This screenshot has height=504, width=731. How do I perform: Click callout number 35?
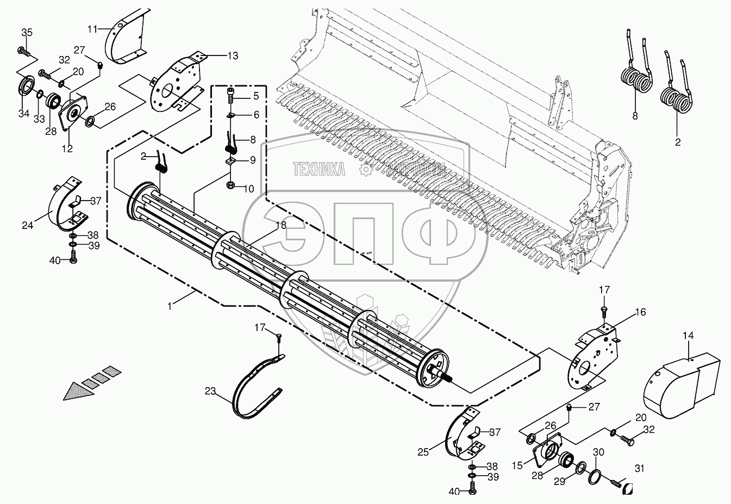tap(27, 32)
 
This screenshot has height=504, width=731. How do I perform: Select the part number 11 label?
tap(93, 28)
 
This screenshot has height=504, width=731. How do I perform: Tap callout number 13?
tap(233, 55)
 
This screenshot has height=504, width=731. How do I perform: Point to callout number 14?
tap(688, 337)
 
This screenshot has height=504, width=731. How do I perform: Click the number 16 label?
tap(640, 312)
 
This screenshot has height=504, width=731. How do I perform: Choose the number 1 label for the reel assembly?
tap(170, 307)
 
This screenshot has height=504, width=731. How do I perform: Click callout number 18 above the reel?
tap(280, 225)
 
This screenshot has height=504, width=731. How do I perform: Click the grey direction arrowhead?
tap(76, 390)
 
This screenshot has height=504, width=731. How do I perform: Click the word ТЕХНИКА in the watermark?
tap(319, 170)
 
